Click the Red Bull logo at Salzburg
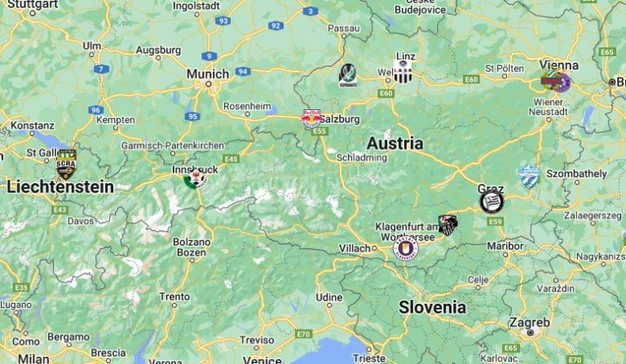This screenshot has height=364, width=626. (x=311, y=120)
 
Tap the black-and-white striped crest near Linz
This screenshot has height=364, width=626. (x=402, y=72)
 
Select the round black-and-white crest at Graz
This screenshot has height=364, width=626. (x=491, y=201)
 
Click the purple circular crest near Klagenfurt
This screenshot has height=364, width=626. (x=405, y=247)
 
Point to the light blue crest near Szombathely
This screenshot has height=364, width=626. (x=529, y=176)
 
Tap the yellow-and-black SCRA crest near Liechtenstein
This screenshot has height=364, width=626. (x=66, y=164)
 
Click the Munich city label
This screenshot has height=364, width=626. (x=207, y=74)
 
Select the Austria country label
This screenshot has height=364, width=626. (x=395, y=143)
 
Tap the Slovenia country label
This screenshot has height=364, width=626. (x=432, y=307)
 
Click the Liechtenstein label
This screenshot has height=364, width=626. (x=60, y=186)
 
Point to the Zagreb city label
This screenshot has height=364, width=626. (x=529, y=322)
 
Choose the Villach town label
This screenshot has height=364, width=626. (x=355, y=248)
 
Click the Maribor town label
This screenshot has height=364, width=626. (x=504, y=245)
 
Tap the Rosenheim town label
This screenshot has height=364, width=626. (x=247, y=106)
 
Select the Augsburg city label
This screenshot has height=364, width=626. (x=158, y=50)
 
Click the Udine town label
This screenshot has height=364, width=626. (x=329, y=297)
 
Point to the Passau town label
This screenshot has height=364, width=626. (x=343, y=28)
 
